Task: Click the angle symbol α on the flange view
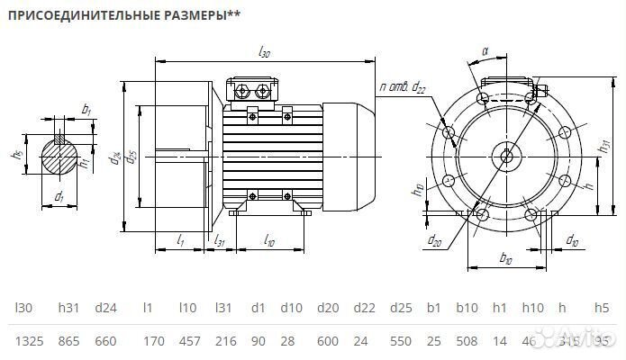[485, 52]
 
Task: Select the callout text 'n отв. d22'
[403, 87]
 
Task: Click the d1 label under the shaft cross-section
[59, 196]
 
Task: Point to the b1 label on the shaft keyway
[86, 109]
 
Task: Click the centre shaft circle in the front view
[505, 155]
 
